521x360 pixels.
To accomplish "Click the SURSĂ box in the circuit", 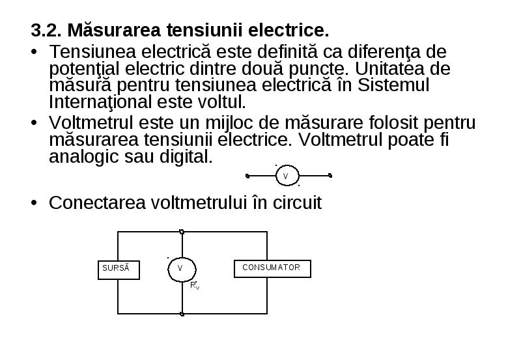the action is coord(119,270).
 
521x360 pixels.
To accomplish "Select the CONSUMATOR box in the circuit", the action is coord(272,269).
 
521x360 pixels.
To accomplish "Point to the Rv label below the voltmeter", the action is coord(195,285).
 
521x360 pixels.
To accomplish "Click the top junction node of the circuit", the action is coord(182,232).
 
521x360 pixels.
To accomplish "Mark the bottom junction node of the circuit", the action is coord(182,314).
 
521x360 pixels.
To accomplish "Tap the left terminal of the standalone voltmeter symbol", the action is coord(247,176).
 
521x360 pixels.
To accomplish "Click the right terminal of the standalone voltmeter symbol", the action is coord(330,175).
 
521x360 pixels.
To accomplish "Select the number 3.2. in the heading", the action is coord(46,30).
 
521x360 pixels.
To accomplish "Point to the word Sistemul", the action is coord(393,85).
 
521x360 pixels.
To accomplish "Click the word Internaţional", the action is coord(100,102).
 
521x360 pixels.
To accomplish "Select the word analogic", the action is coord(84,157).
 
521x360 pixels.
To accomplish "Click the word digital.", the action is coord(186,156).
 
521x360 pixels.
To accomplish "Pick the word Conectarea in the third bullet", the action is coord(97,202).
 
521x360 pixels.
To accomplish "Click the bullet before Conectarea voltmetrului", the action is coord(34,202).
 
